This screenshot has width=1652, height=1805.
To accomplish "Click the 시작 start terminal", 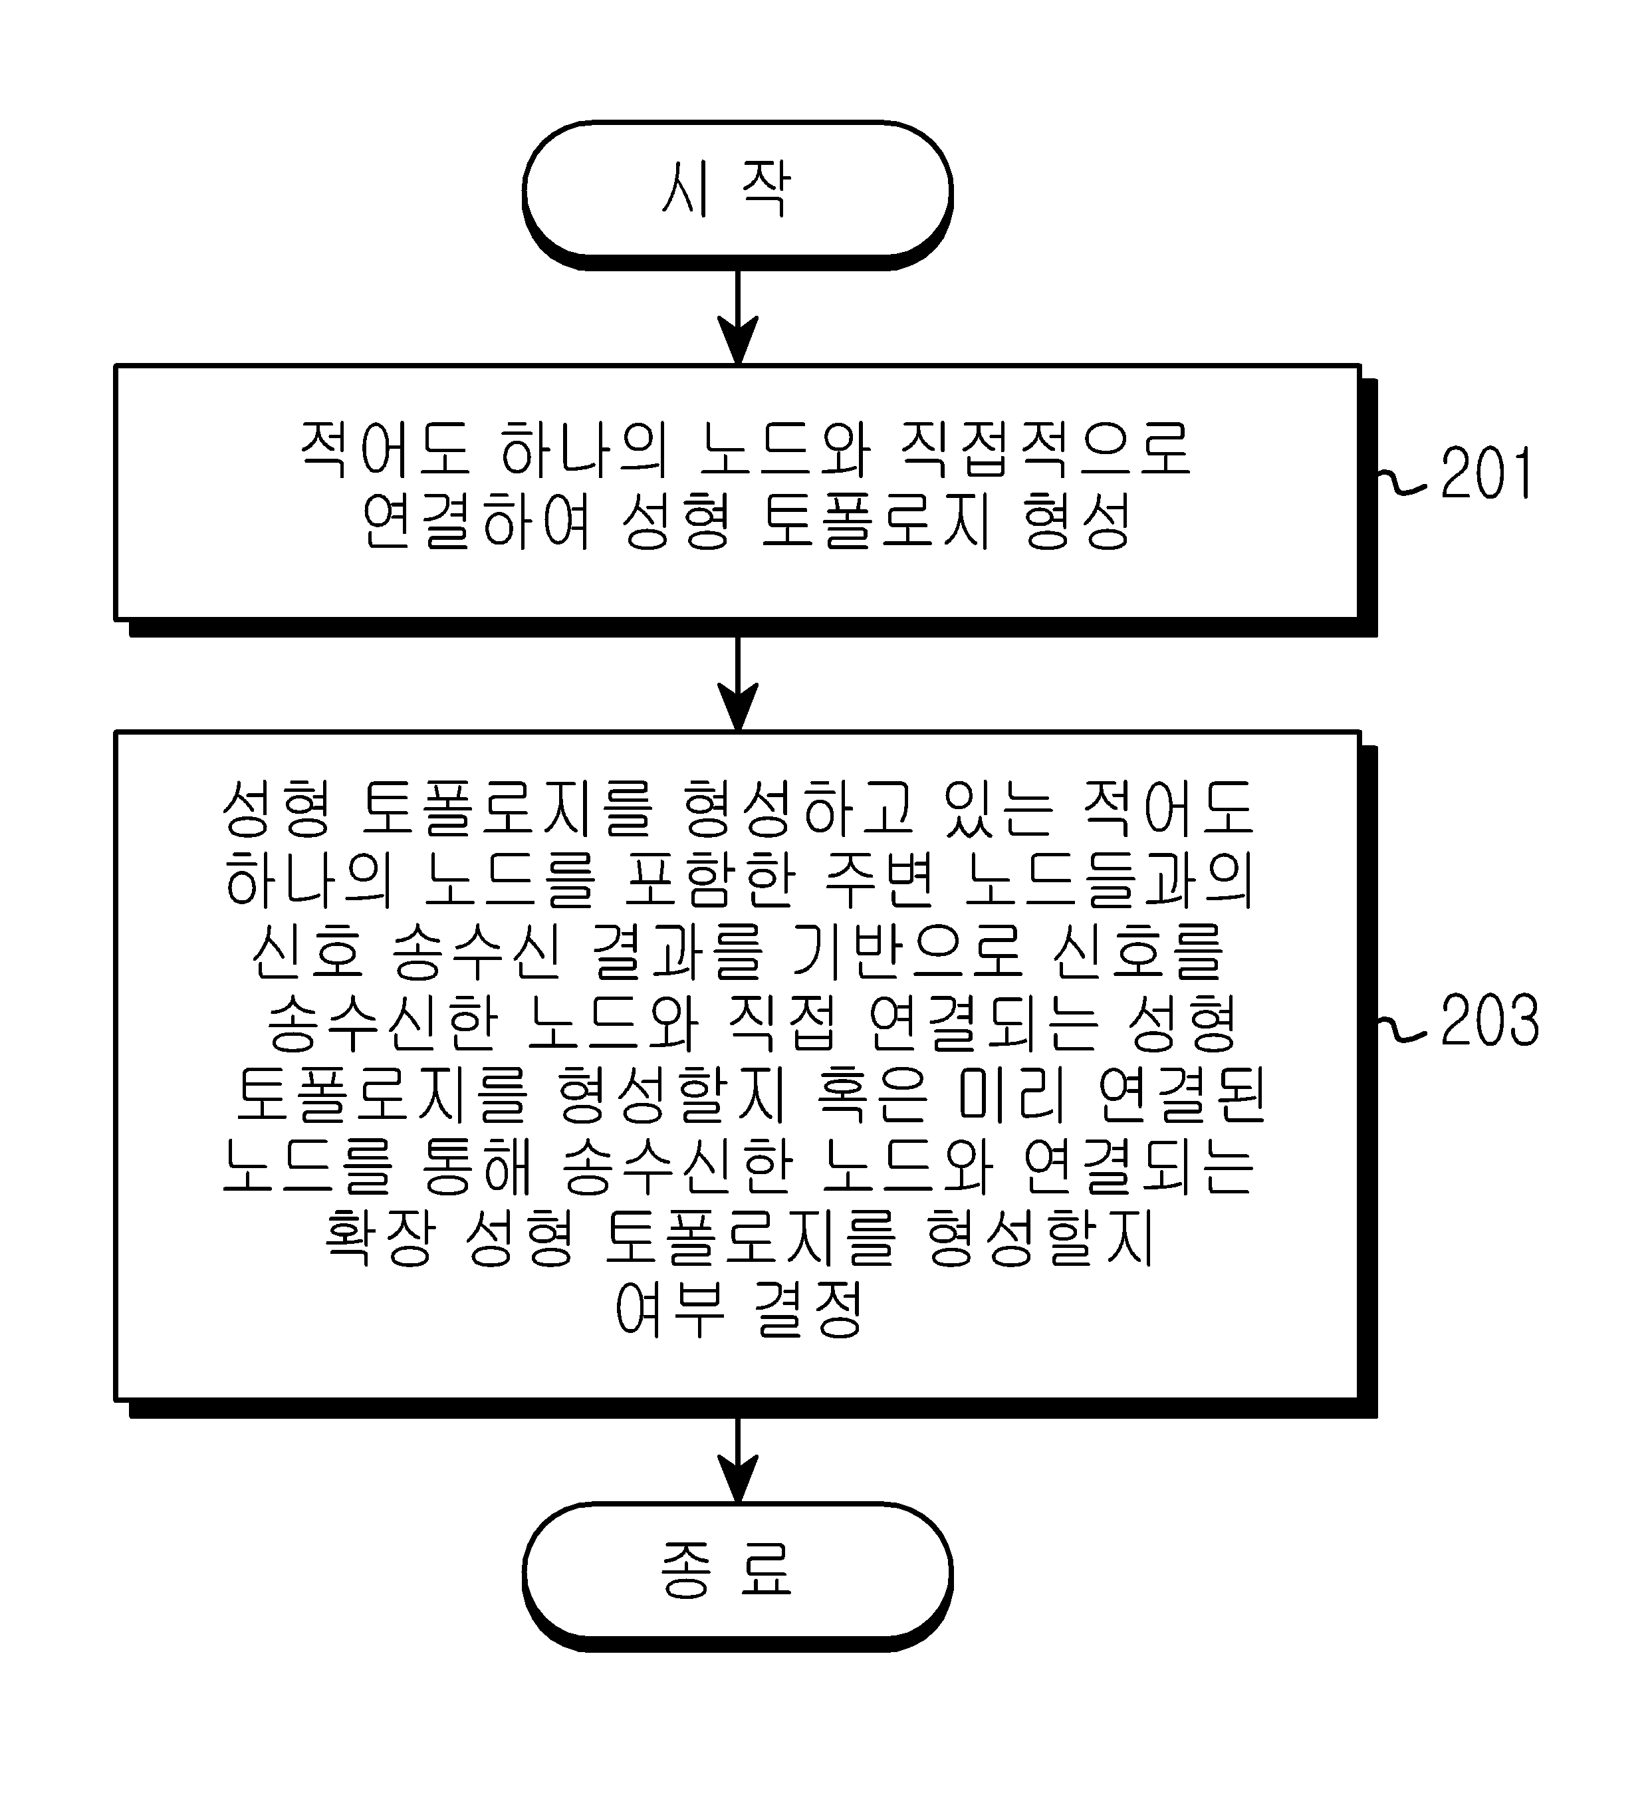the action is click(736, 193).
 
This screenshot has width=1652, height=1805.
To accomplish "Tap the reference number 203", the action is click(1489, 1020).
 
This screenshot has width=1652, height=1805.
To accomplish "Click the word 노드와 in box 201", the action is click(784, 447).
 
